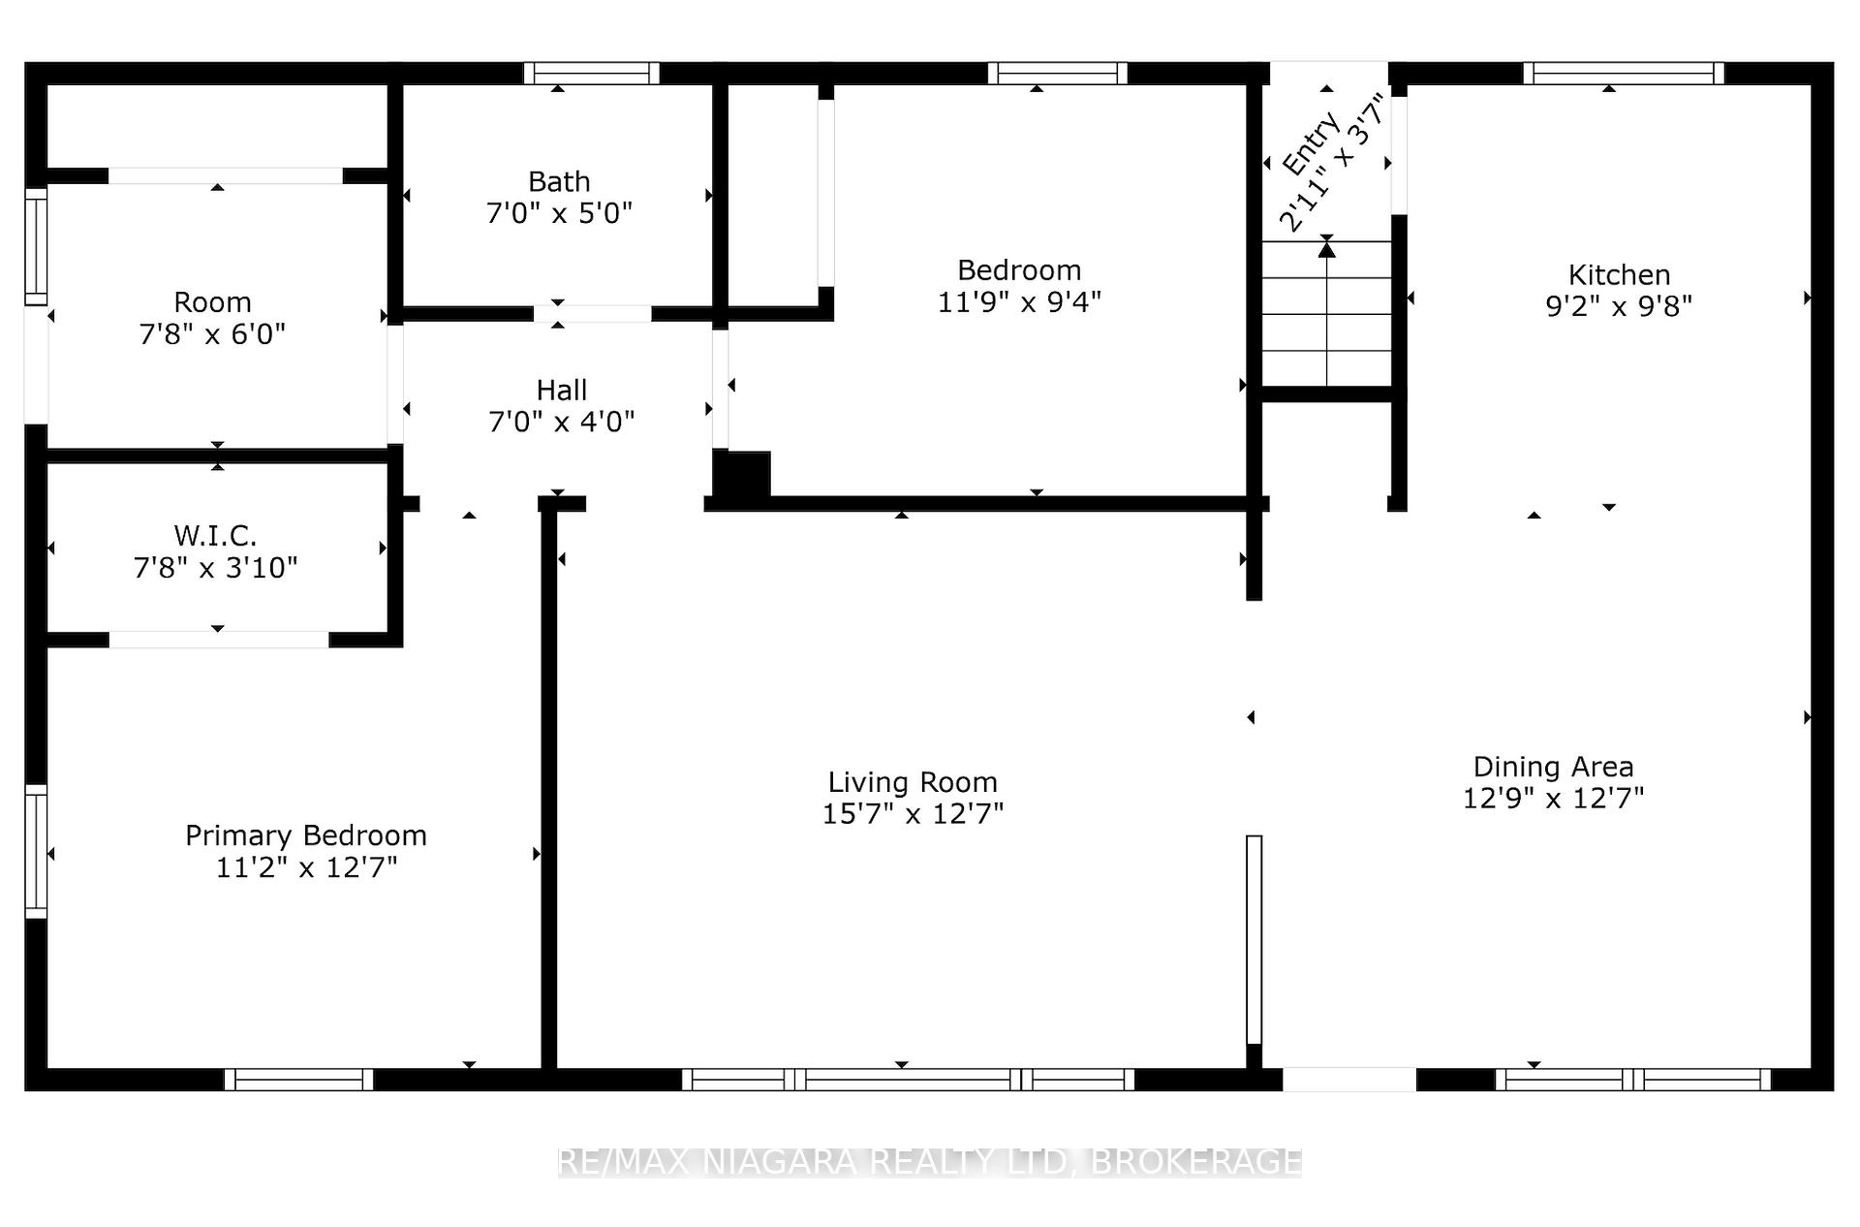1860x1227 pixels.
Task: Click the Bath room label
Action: [559, 181]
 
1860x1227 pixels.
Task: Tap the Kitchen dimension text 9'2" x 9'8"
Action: [1619, 306]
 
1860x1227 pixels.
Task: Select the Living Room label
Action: [913, 782]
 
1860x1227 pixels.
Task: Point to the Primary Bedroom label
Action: [306, 835]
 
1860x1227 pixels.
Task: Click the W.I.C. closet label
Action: [215, 535]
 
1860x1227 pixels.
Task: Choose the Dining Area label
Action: [1554, 767]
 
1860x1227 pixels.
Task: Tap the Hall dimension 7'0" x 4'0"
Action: [562, 422]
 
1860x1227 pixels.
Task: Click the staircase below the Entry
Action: [1326, 313]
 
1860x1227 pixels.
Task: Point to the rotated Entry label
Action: [1312, 142]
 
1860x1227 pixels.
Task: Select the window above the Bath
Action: [592, 74]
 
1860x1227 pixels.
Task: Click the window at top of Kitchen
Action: [1624, 74]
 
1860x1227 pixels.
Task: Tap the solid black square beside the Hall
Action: [742, 474]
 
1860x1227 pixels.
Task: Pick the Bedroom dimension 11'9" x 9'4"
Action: [1019, 302]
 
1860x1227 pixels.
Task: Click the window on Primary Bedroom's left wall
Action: [36, 852]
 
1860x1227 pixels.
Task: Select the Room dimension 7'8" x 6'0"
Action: [213, 334]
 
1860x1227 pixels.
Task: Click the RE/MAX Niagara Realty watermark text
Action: [930, 1161]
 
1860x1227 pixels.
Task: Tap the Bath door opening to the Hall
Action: [593, 313]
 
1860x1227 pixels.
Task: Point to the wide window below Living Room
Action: [909, 1080]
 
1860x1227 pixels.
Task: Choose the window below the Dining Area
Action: [1633, 1080]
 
